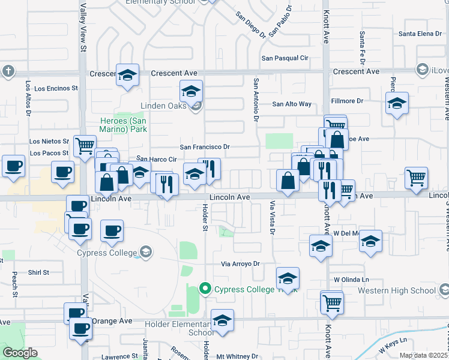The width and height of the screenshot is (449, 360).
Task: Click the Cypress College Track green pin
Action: pyautogui.click(x=205, y=289)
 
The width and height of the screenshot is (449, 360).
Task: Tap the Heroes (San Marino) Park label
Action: pyautogui.click(x=123, y=124)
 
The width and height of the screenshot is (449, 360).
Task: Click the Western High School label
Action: pyautogui.click(x=396, y=290)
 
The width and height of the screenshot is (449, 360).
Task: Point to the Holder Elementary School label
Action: pyautogui.click(x=178, y=327)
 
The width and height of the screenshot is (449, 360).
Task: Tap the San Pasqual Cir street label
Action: pyautogui.click(x=284, y=58)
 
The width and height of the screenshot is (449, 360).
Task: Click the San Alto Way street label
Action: pyautogui.click(x=292, y=104)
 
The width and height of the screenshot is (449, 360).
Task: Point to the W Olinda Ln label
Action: pyautogui.click(x=351, y=280)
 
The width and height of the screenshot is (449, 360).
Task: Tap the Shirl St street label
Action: pyautogui.click(x=38, y=272)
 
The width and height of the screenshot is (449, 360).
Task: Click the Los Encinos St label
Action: pyautogui.click(x=56, y=88)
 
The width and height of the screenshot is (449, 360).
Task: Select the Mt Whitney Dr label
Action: pyautogui.click(x=237, y=356)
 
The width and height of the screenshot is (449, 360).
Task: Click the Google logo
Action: pyautogui.click(x=20, y=353)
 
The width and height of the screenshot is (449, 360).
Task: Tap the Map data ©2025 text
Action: pyautogui.click(x=423, y=356)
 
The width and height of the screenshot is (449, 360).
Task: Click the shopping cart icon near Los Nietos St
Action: pyautogui.click(x=85, y=144)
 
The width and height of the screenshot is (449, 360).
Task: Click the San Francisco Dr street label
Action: pyautogui.click(x=205, y=147)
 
